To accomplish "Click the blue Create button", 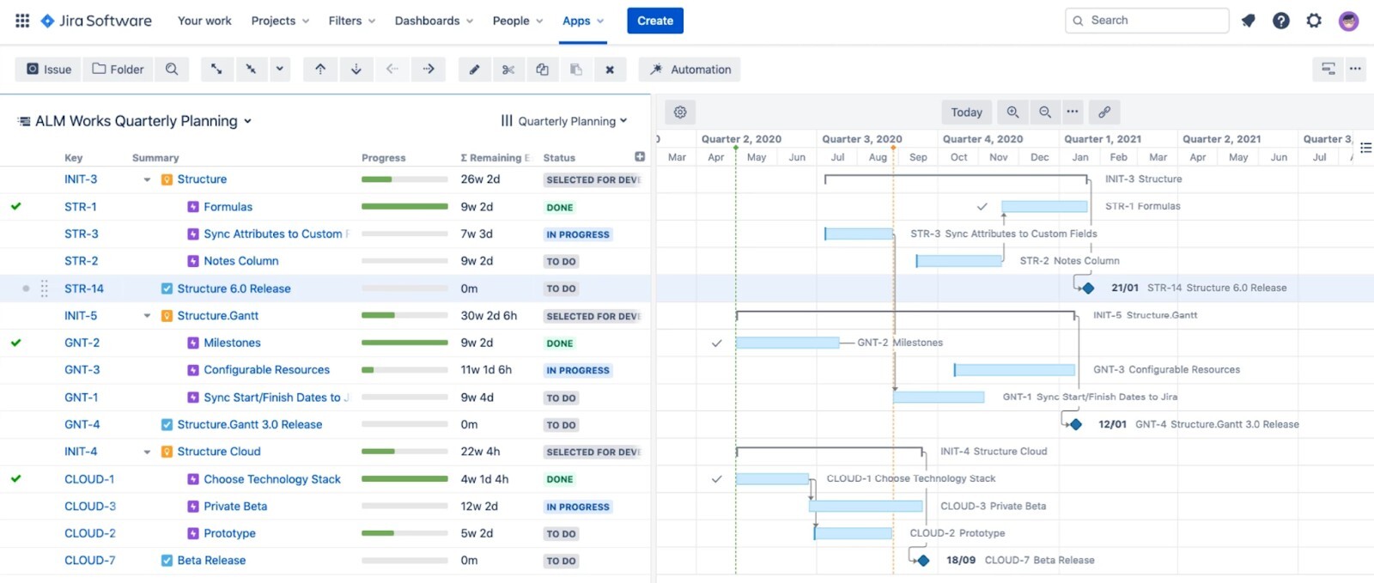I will (x=654, y=21).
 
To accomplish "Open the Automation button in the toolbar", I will (x=690, y=70).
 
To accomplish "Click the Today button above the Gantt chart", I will (x=966, y=112).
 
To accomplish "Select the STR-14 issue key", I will (x=84, y=288).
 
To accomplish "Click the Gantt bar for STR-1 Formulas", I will (x=1044, y=206).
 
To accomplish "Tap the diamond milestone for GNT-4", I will (x=1076, y=424).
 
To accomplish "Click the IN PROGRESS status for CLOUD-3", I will (x=578, y=507).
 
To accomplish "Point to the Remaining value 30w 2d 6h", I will (x=489, y=316).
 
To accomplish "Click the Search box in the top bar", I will (x=1147, y=21).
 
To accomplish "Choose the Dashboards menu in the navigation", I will (x=434, y=21).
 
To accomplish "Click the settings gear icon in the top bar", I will (x=1314, y=21).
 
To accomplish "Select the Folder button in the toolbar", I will (x=119, y=70).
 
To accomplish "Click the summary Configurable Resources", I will (x=266, y=370).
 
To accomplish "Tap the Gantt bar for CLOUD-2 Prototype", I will (x=854, y=533).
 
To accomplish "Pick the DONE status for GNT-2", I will (x=560, y=343).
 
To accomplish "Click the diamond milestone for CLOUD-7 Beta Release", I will (x=923, y=561).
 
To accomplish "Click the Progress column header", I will (x=383, y=158).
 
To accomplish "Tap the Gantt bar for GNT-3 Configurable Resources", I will (x=1014, y=370).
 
